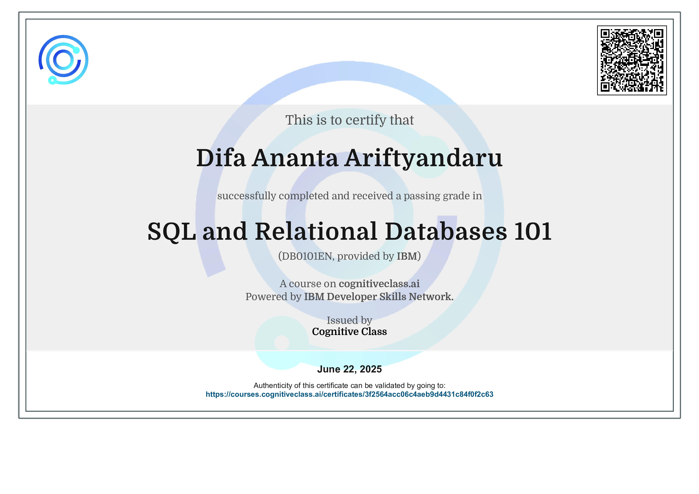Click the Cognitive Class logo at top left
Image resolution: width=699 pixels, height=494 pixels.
[63, 60]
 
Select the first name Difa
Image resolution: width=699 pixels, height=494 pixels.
[221, 158]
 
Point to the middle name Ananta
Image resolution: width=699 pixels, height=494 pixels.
[295, 158]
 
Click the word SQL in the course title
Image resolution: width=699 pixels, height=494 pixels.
[171, 232]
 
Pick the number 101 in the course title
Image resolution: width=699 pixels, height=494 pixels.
[533, 232]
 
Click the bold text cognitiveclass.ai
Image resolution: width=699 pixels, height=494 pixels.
[379, 284]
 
